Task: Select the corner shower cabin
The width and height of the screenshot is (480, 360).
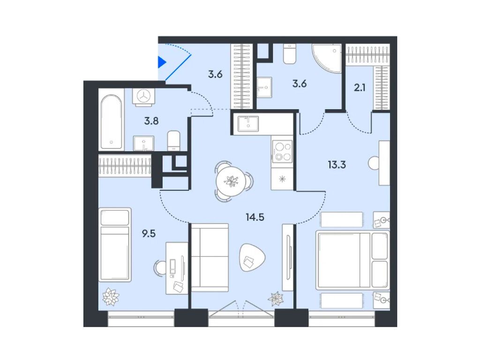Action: click(326, 58)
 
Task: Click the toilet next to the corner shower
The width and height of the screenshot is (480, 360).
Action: click(290, 55)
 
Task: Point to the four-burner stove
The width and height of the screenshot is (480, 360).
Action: click(282, 151)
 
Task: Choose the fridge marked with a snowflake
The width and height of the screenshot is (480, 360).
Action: click(282, 180)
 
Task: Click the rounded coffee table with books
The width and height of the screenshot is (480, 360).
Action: click(252, 258)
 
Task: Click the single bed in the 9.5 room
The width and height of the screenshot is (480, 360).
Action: click(115, 245)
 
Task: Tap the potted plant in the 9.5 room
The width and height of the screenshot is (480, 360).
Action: click(111, 296)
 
